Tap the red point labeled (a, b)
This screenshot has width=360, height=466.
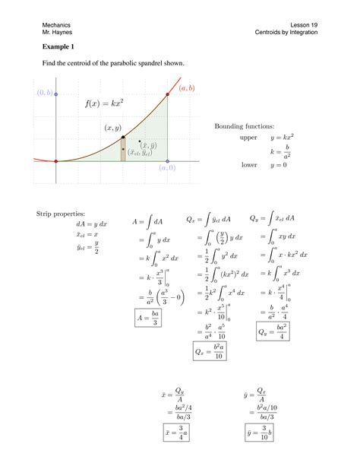tap(168, 95)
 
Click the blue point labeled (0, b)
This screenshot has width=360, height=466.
tap(55, 94)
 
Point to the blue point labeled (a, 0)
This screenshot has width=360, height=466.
tap(168, 161)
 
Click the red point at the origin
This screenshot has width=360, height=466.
tap(55, 161)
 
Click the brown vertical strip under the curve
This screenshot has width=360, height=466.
tap(123, 150)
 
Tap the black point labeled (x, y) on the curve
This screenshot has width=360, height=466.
tap(123, 138)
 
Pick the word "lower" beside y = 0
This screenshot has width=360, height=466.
tap(249, 164)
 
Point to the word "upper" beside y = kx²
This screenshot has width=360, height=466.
tap(249, 138)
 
